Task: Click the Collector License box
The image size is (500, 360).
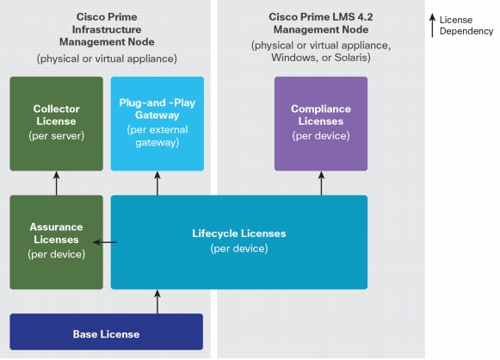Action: point(57,123)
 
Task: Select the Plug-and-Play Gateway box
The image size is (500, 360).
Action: point(157,123)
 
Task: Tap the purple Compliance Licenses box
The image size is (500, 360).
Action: point(321,123)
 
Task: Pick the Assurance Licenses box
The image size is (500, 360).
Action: point(57,242)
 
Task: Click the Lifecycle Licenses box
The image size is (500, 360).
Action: point(239,242)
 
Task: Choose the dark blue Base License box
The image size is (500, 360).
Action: point(106,332)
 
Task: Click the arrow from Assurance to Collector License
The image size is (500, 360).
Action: point(57,183)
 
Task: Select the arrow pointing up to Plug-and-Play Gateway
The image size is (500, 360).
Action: point(157,183)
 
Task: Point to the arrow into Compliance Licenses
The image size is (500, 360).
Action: point(321,183)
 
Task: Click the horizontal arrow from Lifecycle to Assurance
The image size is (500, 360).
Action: point(105,242)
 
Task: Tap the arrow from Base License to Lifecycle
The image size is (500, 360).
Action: point(157,301)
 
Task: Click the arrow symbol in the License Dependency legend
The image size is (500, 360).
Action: point(432,26)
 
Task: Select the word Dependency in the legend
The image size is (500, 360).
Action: point(466,31)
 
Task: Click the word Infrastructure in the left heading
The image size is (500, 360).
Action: point(107,29)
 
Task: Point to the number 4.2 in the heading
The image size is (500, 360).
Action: point(365,17)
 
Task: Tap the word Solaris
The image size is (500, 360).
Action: point(352,58)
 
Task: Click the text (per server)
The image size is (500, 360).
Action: point(57,135)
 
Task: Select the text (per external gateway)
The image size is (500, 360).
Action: point(157,136)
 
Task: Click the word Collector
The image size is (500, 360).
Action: point(57,109)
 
